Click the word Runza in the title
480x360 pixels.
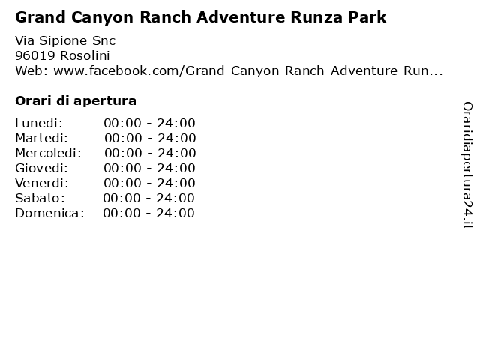tap(316, 17)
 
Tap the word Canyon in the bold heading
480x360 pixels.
tap(103, 18)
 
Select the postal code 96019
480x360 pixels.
tap(35, 55)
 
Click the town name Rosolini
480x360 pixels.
tap(85, 55)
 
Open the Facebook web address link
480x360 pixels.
tap(248, 71)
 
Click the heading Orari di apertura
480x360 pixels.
tap(76, 100)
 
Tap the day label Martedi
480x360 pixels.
tap(42, 138)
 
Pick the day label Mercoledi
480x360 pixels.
tap(48, 153)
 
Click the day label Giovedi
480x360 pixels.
tap(42, 168)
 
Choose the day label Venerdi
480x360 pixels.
tap(42, 183)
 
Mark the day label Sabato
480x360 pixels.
tap(40, 198)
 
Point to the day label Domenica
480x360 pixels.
tap(49, 213)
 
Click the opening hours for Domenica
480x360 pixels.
tap(148, 213)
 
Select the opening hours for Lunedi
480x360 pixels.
tap(149, 123)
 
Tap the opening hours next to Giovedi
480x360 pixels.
tap(149, 168)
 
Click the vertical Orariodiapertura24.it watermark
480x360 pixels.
tap(467, 166)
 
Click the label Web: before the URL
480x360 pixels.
tap(31, 71)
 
